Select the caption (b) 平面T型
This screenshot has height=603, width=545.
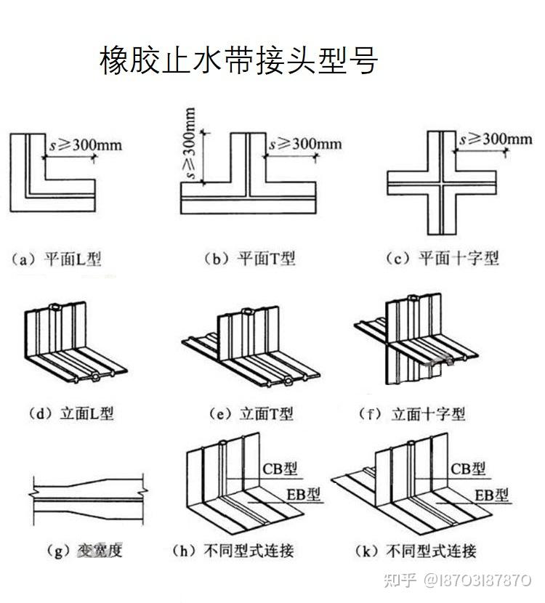click(x=249, y=259)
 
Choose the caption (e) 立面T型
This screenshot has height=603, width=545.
click(x=251, y=414)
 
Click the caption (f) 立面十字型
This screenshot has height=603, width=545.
click(x=413, y=414)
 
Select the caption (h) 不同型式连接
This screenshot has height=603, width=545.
click(x=232, y=550)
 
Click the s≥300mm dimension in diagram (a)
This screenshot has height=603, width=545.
click(x=85, y=145)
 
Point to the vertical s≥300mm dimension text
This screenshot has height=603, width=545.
click(x=190, y=145)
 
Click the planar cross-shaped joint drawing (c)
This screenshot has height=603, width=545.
click(x=443, y=182)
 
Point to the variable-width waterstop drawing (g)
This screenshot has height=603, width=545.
click(x=87, y=501)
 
